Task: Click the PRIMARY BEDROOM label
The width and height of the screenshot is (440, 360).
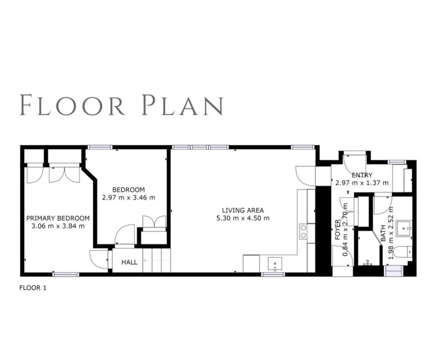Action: click(58, 218)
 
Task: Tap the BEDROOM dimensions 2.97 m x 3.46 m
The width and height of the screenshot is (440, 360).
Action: click(128, 197)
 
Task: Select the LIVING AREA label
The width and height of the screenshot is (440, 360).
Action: click(243, 210)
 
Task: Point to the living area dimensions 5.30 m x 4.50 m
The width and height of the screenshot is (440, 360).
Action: click(243, 218)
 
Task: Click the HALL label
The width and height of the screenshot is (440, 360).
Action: click(129, 262)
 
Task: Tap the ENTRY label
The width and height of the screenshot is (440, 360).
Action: click(362, 175)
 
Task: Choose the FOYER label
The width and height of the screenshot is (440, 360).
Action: click(337, 230)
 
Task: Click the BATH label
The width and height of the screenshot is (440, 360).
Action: click(383, 233)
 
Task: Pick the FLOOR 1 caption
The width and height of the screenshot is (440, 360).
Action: click(33, 288)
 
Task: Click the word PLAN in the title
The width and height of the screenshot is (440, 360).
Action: click(182, 105)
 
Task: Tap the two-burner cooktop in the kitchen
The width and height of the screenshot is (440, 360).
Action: click(303, 232)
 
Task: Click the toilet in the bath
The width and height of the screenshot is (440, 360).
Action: click(402, 253)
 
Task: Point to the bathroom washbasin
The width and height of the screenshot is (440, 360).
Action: click(404, 229)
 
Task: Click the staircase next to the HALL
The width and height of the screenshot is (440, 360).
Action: click(157, 260)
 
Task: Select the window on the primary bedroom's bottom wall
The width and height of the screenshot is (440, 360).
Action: click(66, 274)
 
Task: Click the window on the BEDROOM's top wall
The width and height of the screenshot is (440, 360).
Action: click(100, 147)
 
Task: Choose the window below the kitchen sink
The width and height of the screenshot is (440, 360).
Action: click(273, 274)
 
